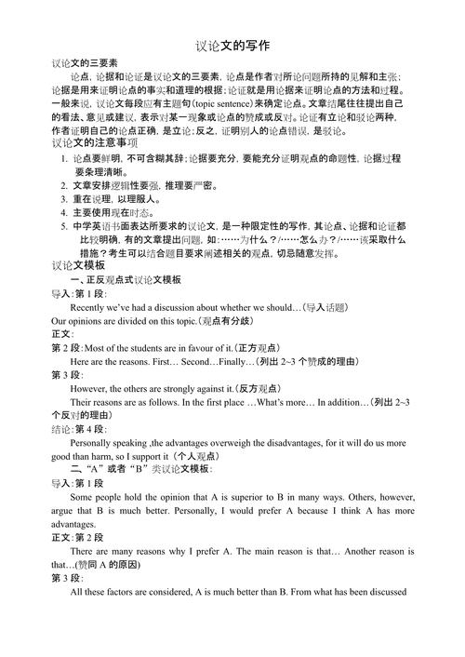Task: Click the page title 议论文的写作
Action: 232,45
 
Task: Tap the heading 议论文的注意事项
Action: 93,143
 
